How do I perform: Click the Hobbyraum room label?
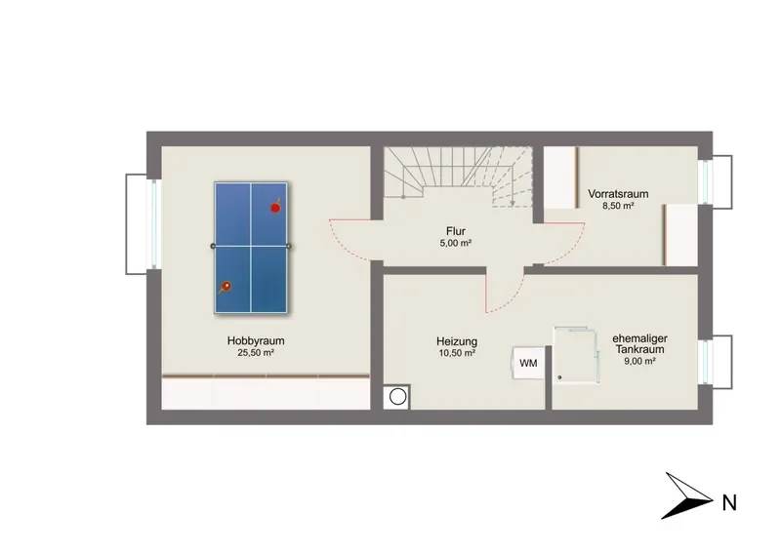[x=256, y=341]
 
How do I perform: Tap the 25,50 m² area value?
[x=256, y=353]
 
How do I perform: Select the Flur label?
[x=456, y=231]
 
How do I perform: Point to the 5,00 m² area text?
[x=456, y=244]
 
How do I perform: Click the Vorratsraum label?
[x=618, y=194]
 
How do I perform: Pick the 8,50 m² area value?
[x=618, y=206]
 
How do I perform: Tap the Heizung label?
[x=457, y=341]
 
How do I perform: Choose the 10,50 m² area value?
[x=457, y=353]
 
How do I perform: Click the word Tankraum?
[x=639, y=349]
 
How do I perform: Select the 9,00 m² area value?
[x=639, y=362]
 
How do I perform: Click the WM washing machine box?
[x=528, y=363]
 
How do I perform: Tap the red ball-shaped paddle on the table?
[x=275, y=207]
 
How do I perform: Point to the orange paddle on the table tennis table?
[x=226, y=287]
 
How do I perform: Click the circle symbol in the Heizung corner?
[x=397, y=397]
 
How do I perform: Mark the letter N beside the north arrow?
[x=729, y=502]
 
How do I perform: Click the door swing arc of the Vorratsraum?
[x=573, y=249]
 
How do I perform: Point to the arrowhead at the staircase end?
[x=512, y=203]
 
